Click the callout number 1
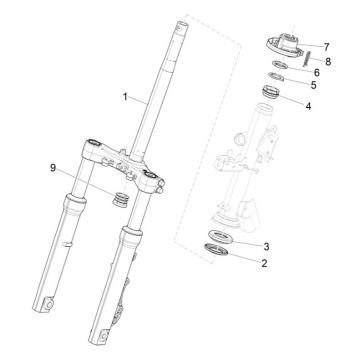pos(125,98)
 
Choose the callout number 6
pos(315,72)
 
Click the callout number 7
pos(326,47)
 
